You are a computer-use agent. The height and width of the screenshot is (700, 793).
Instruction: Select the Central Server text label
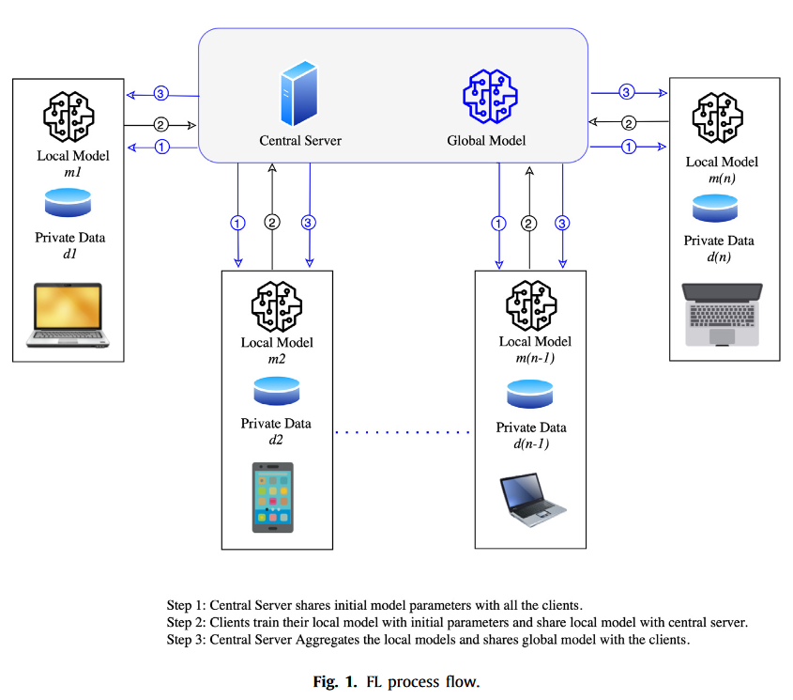300,141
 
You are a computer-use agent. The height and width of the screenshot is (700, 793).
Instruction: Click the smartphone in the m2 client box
272,497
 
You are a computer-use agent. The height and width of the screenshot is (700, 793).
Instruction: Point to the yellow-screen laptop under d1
68,311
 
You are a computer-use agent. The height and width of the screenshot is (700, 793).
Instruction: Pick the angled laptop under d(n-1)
531,496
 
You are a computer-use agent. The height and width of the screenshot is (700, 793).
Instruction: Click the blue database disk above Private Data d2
276,388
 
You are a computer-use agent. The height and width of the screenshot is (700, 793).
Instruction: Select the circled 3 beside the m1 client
161,94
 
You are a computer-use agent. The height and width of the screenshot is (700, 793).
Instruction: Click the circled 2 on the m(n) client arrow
630,122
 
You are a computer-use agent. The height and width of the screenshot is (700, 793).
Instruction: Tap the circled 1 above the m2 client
237,223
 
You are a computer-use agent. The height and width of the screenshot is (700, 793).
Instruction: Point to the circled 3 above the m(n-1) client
562,223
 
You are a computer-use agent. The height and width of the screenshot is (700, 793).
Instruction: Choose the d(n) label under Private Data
719,256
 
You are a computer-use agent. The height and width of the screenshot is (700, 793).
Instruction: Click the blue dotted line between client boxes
402,432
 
